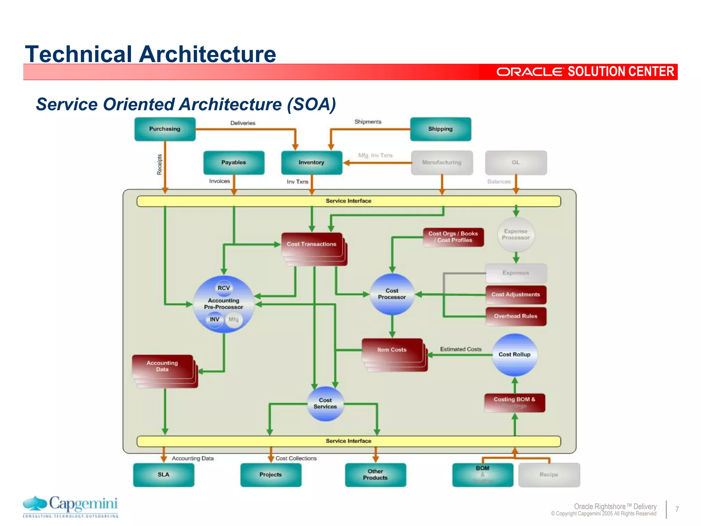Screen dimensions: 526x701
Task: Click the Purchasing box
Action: click(x=165, y=129)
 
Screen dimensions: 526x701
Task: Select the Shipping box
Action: click(x=441, y=129)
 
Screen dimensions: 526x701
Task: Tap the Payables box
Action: click(x=234, y=163)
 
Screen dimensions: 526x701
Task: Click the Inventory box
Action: click(x=311, y=163)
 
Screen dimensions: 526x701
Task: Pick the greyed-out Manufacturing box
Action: click(x=442, y=163)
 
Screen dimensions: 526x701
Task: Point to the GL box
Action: click(x=516, y=163)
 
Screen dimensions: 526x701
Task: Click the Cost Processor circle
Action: click(x=392, y=294)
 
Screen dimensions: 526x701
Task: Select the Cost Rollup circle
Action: click(x=514, y=355)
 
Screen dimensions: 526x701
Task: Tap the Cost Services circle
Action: click(x=325, y=403)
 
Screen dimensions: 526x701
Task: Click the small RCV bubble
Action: click(x=224, y=288)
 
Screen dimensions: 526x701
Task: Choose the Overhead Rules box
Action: click(x=516, y=316)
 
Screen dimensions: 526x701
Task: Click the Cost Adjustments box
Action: click(x=516, y=295)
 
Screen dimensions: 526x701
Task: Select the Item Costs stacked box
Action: click(x=392, y=350)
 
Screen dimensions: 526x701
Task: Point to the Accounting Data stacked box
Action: click(x=162, y=366)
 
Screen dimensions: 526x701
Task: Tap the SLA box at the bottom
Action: click(x=164, y=475)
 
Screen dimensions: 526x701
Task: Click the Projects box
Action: click(x=271, y=475)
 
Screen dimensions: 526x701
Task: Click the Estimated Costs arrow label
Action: click(x=461, y=349)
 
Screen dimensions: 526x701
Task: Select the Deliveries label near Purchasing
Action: click(x=243, y=123)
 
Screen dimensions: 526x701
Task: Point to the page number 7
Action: click(x=677, y=509)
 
